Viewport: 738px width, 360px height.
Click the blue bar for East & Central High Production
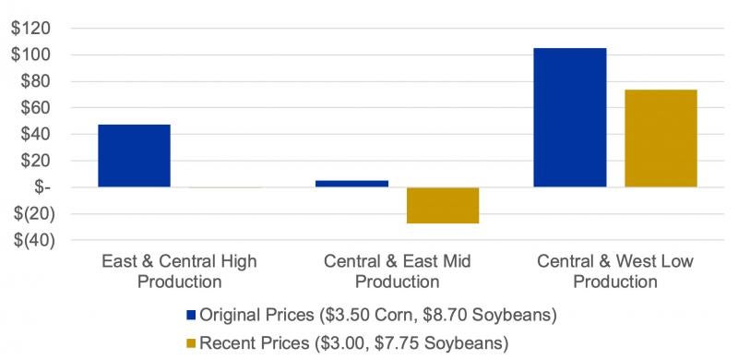134,155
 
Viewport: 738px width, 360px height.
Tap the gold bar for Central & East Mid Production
442,205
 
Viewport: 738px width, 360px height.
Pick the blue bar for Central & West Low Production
569,117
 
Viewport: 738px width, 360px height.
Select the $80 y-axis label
34,81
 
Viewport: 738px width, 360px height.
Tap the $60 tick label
34,108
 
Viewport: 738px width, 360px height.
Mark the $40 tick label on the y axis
34,134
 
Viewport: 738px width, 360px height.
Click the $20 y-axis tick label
34,161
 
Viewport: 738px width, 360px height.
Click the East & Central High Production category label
179,271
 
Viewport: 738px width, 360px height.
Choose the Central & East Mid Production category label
397,271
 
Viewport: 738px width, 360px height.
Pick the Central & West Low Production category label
614,271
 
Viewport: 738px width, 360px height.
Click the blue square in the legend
192,316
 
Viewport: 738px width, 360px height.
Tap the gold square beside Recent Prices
192,343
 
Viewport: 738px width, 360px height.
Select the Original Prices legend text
378,316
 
